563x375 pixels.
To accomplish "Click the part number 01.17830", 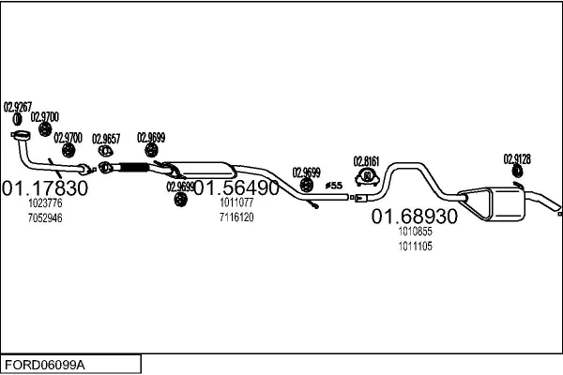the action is (x=45, y=187).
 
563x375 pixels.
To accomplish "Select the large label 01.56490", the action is (x=236, y=187).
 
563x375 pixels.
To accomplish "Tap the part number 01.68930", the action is (x=415, y=217).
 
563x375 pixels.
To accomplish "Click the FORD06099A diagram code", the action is (x=45, y=365).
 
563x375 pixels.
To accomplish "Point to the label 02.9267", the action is (x=18, y=107).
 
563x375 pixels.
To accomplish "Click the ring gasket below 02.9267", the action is (x=17, y=119).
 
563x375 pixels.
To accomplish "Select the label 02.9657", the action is (x=106, y=139).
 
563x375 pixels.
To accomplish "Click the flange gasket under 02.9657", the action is (x=105, y=151).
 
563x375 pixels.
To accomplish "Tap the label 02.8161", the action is (x=366, y=161).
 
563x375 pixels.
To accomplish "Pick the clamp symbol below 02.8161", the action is (x=367, y=176).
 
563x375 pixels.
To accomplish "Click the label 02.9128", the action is (x=517, y=159).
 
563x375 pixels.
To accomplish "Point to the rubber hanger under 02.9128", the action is (x=517, y=172).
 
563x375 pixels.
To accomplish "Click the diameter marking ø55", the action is (x=334, y=186).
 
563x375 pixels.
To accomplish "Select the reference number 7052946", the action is (x=45, y=217).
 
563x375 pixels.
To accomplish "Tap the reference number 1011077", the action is (x=236, y=202).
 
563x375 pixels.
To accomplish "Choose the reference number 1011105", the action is (x=415, y=247).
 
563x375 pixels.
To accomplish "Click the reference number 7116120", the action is (x=236, y=217).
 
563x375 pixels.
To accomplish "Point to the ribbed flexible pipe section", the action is (x=133, y=167).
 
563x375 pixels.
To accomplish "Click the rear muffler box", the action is (x=505, y=203).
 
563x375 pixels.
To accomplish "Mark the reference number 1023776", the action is (x=45, y=203).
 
